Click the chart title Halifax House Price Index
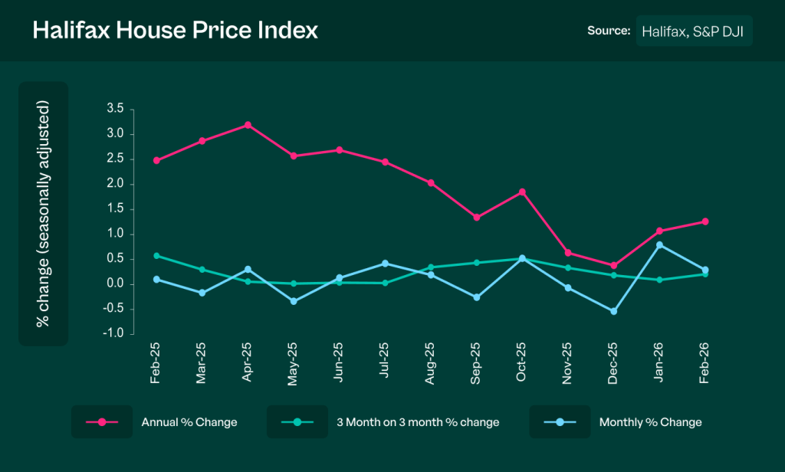[175, 31]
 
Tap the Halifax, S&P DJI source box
[694, 31]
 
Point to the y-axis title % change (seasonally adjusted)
[43, 214]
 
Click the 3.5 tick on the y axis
[115, 110]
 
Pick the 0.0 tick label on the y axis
[115, 284]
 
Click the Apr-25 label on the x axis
[248, 362]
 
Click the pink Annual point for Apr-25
[248, 124]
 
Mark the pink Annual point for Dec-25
[613, 265]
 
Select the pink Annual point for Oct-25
[522, 192]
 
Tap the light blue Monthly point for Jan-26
[659, 244]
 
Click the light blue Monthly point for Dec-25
[613, 311]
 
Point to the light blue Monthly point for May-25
[294, 301]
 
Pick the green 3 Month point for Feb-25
[156, 255]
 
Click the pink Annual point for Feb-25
[156, 160]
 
